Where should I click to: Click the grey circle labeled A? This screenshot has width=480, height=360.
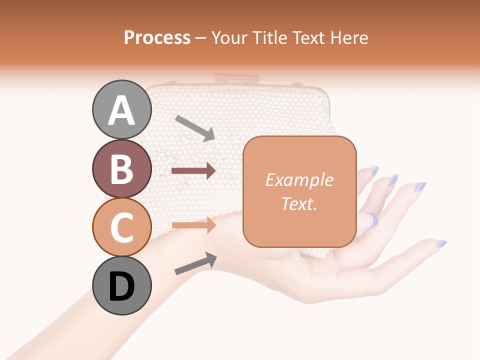[x=122, y=110]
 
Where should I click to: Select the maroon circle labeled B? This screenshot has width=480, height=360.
[x=122, y=169]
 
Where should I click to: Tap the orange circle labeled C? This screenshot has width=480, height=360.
[x=122, y=227]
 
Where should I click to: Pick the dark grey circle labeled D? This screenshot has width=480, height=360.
[x=122, y=286]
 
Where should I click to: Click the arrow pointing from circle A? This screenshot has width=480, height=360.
[x=195, y=128]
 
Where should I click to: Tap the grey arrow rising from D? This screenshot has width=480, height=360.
[x=195, y=263]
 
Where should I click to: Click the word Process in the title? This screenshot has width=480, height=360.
[x=157, y=37]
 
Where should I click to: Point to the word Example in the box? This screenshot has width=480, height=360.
[x=299, y=180]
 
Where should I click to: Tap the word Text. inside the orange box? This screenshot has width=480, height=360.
[x=299, y=203]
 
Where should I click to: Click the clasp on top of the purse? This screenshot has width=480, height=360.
[x=237, y=78]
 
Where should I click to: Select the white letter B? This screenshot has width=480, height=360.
[x=122, y=169]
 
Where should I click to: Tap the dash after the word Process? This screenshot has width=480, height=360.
[x=200, y=38]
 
